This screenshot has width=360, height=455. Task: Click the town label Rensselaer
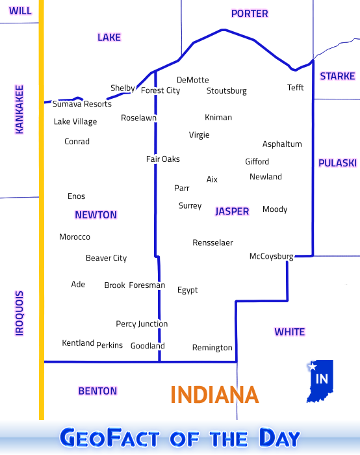click(x=212, y=243)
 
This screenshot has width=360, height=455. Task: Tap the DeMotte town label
click(x=192, y=80)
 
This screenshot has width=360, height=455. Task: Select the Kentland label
click(x=78, y=343)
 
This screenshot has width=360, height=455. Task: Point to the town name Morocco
click(x=75, y=237)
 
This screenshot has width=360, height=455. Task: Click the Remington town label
click(x=212, y=348)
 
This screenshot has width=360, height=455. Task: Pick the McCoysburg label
click(x=271, y=257)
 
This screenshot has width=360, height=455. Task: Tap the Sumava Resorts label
click(x=82, y=104)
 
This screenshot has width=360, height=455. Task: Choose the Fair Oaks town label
click(x=162, y=159)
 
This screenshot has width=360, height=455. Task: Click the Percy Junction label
click(x=142, y=324)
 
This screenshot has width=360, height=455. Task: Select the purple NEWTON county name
click(x=96, y=215)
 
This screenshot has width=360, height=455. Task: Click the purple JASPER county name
click(x=232, y=211)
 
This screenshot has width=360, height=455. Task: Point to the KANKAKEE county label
click(x=19, y=109)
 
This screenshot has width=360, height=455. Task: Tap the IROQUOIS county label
click(x=19, y=313)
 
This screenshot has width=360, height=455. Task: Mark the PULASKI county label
click(x=337, y=163)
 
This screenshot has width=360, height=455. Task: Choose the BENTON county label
click(x=97, y=391)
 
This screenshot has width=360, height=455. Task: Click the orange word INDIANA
click(x=214, y=395)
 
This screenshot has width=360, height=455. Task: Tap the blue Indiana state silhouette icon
click(x=321, y=383)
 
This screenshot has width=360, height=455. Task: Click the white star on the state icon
click(x=312, y=367)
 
